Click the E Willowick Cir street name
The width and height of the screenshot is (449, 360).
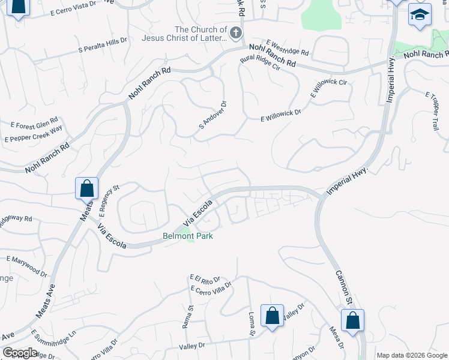pyautogui.click(x=328, y=88)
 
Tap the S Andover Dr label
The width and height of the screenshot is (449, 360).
pyautogui.click(x=212, y=115)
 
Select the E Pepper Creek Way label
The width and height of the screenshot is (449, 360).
pyautogui.click(x=33, y=134)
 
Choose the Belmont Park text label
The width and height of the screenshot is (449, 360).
pyautogui.click(x=188, y=236)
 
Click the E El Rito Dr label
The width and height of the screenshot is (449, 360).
pyautogui.click(x=205, y=279)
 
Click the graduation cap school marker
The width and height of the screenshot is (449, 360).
pyautogui.click(x=420, y=16)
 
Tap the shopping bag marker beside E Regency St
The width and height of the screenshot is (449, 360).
pyautogui.click(x=87, y=188)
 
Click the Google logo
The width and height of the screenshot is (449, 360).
pyautogui.click(x=20, y=352)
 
